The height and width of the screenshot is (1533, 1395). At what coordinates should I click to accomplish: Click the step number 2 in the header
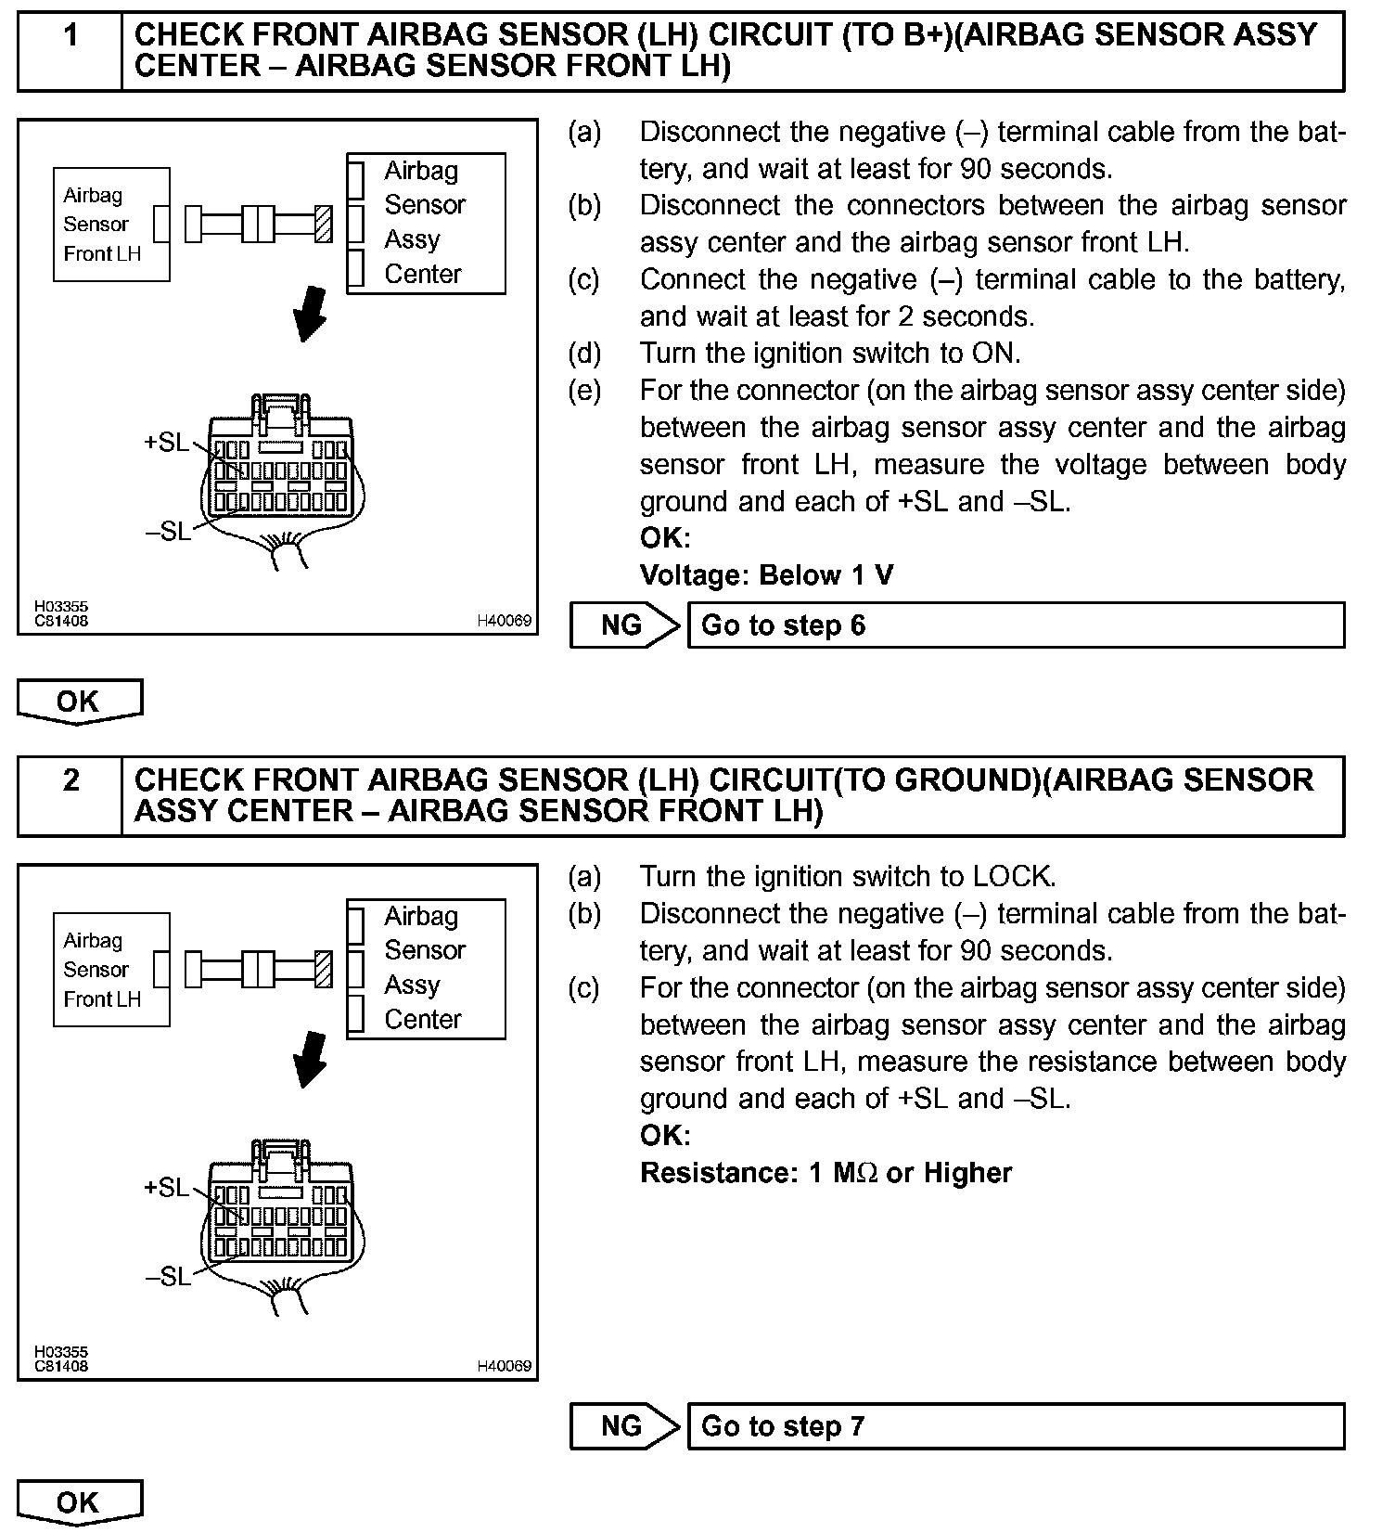point(70,781)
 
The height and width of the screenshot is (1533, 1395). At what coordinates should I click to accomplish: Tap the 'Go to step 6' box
point(1016,625)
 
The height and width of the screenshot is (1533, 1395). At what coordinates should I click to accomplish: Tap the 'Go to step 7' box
point(1016,1425)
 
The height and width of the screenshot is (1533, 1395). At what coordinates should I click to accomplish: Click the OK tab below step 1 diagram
point(79,701)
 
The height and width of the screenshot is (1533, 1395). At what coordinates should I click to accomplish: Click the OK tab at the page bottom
point(79,1501)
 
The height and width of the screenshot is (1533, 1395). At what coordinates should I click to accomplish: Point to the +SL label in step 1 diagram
point(166,443)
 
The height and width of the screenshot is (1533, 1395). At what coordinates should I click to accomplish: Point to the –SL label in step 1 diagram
point(168,532)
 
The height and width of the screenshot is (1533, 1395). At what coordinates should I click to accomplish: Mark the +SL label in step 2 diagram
point(166,1188)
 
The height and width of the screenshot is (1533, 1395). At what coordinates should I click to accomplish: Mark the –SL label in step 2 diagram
point(168,1277)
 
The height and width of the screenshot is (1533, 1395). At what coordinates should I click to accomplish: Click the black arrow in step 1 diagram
point(310,314)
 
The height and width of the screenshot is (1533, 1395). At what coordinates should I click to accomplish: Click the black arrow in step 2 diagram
point(310,1059)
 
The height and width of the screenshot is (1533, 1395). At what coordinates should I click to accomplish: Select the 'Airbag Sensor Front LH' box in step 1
point(111,225)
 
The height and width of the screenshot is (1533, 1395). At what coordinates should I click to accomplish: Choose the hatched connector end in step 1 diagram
point(324,225)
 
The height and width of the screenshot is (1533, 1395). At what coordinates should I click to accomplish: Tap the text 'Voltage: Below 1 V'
point(766,575)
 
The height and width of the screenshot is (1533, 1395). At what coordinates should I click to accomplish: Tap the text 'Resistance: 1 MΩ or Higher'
point(825,1173)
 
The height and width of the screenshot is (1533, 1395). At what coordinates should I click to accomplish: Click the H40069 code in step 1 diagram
point(505,621)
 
